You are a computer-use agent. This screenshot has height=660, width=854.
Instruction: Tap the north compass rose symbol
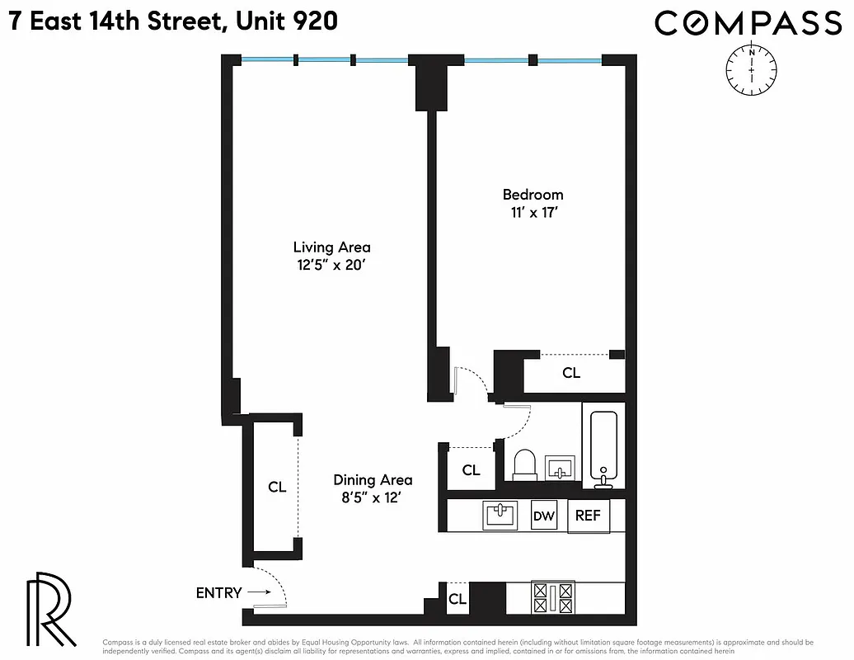pyautogui.click(x=752, y=69)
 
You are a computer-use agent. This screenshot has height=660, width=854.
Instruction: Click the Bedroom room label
pyautogui.click(x=533, y=195)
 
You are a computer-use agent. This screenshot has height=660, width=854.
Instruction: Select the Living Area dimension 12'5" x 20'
pyautogui.click(x=331, y=265)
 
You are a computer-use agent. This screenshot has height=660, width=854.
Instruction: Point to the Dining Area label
pyautogui.click(x=373, y=479)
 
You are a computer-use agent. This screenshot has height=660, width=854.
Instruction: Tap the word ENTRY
pyautogui.click(x=218, y=592)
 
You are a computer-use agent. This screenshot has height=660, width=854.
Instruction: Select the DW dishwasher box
pyautogui.click(x=543, y=516)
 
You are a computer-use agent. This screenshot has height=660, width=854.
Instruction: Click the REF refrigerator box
pyautogui.click(x=588, y=516)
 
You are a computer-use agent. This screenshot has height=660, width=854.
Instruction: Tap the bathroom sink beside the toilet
pyautogui.click(x=561, y=468)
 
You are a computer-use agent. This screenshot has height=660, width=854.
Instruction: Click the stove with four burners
pyautogui.click(x=554, y=597)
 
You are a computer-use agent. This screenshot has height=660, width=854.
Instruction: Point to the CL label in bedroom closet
pyautogui.click(x=571, y=373)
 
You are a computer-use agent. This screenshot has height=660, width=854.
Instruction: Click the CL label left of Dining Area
pyautogui.click(x=277, y=487)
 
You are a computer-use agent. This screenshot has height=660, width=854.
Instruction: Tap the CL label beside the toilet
pyautogui.click(x=471, y=470)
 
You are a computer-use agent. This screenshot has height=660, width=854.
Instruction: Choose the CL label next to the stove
pyautogui.click(x=457, y=600)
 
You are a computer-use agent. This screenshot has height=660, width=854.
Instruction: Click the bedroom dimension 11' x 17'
pyautogui.click(x=533, y=212)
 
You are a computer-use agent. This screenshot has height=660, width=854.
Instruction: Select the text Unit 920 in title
pyautogui.click(x=286, y=21)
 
